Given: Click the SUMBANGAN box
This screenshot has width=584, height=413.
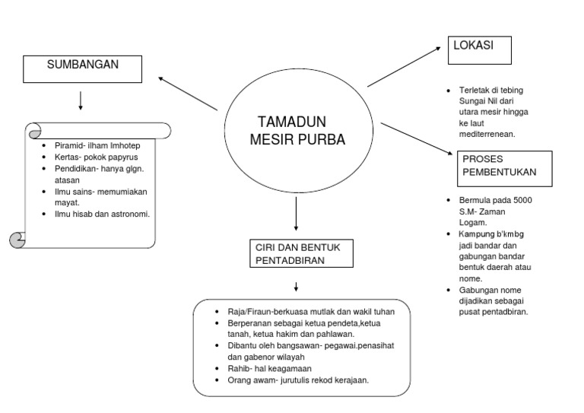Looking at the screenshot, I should pos(83,68).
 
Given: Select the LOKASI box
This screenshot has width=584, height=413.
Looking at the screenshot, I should pos(479,49).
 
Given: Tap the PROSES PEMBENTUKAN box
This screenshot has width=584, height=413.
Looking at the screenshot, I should pos(505,168).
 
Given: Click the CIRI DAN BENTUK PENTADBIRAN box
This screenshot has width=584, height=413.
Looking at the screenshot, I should pos(301,254).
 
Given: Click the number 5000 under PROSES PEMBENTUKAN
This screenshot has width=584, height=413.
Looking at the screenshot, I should pos(522,200).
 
